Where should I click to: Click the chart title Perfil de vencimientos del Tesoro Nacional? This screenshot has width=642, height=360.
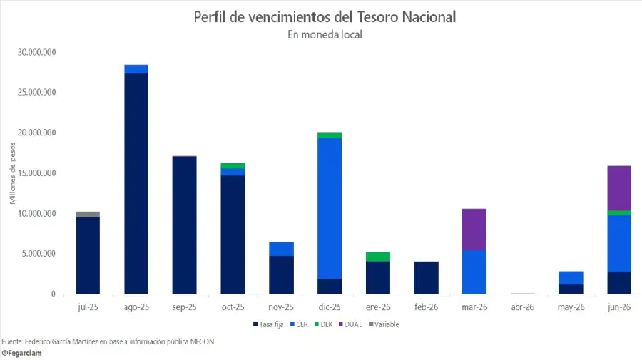coord(325,16)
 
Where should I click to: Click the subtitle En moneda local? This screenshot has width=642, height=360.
coord(325,35)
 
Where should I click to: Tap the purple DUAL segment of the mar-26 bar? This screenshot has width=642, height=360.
coord(474,229)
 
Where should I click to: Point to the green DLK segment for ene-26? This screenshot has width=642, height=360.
coord(378,257)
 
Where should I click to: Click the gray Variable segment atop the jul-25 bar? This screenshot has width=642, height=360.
coord(88,214)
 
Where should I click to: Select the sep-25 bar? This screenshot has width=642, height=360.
coord(185,225)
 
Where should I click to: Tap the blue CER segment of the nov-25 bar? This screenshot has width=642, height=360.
coord(281,249)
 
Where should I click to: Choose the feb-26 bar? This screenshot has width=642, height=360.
coord(426,277)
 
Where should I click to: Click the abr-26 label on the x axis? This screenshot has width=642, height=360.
coord(523,307)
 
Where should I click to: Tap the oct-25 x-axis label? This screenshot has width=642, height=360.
coord(233,307)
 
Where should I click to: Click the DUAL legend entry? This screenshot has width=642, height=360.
coord(354,324)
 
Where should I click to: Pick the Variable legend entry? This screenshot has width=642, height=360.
coord(384,324)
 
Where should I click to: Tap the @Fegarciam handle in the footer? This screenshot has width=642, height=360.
coord(20,353)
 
